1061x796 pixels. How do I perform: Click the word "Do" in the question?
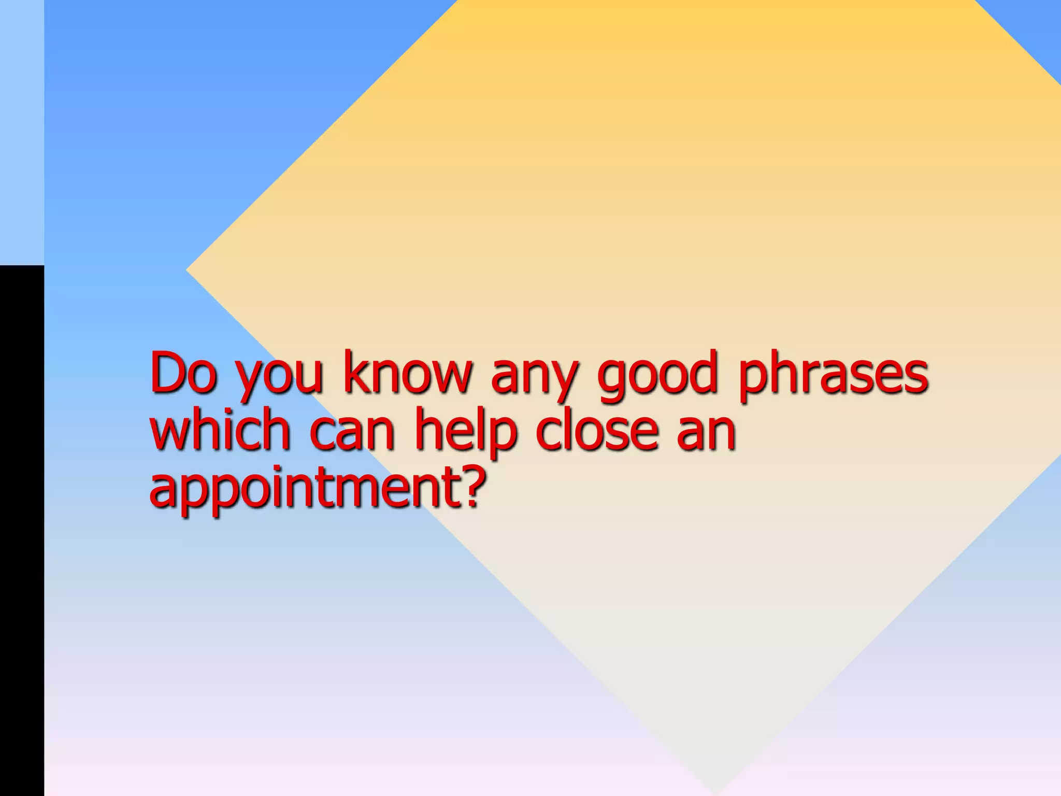[182, 372]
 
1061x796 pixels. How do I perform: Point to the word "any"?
[534, 377]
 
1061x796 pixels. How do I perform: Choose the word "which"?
[220, 429]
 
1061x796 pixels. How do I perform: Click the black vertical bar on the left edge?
[22, 529]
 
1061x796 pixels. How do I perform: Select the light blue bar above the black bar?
[22, 132]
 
